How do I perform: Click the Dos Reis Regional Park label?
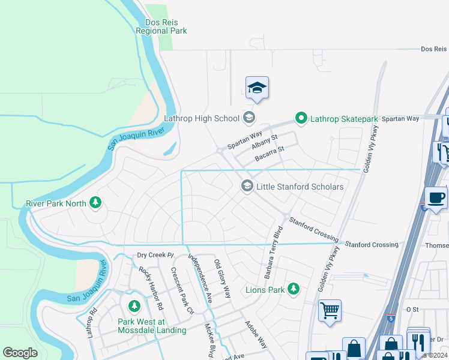coord(161,26)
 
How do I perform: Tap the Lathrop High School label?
coord(202,118)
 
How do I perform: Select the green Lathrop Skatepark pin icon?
coord(301,118)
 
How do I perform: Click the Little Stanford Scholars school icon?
coord(247,187)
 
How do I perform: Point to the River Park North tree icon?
coord(95,203)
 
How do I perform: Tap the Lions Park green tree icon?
coord(294,290)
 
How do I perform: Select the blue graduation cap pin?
coord(257,88)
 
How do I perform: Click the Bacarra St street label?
coord(268,152)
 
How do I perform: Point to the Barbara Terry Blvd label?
coord(273,252)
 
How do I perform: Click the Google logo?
coord(20,353)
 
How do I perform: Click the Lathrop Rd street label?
coord(92,322)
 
